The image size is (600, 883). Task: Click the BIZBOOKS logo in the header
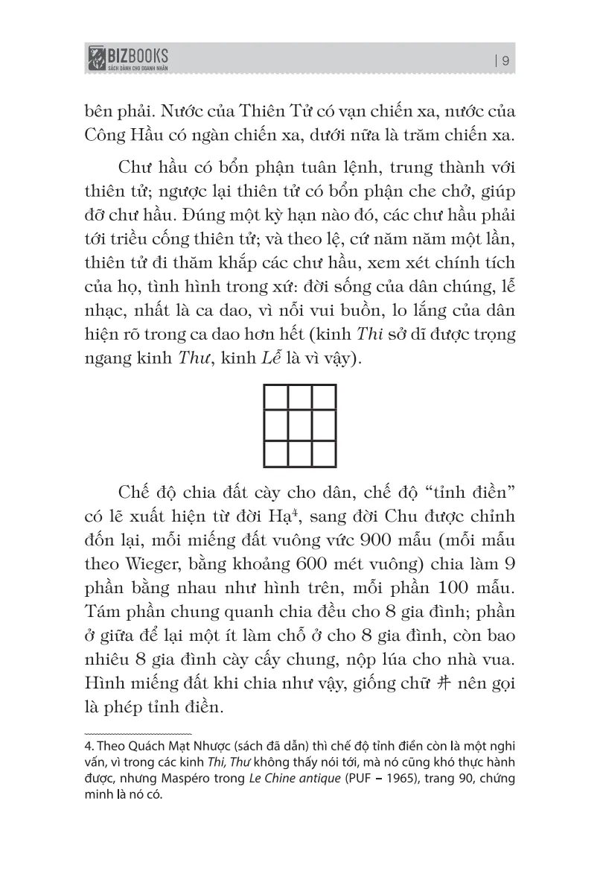pos(127,57)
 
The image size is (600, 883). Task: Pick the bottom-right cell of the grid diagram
pos(324,453)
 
